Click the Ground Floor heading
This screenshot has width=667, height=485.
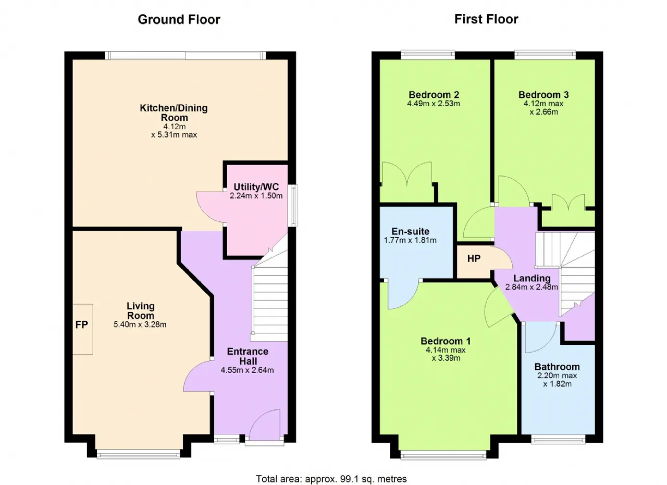[179, 20]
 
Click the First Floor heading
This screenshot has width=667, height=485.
[486, 19]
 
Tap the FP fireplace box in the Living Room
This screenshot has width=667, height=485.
[83, 329]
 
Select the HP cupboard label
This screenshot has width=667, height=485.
[474, 258]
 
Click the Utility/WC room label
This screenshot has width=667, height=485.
[256, 186]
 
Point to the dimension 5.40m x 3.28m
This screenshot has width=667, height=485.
[140, 324]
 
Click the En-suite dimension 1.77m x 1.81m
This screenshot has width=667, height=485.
[410, 240]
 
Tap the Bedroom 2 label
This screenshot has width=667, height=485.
[434, 95]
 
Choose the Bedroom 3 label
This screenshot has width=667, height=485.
[544, 95]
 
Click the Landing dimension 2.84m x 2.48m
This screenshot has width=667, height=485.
[532, 287]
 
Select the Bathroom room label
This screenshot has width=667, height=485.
[557, 367]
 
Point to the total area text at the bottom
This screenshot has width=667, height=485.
[331, 479]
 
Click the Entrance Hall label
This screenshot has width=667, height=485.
[248, 356]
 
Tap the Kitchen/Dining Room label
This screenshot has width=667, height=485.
[174, 113]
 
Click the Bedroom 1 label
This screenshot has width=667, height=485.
[446, 341]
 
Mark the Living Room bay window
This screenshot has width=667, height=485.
[139, 454]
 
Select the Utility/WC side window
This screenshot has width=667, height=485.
[294, 205]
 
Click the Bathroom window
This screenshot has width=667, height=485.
[558, 440]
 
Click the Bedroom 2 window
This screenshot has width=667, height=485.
[428, 55]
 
